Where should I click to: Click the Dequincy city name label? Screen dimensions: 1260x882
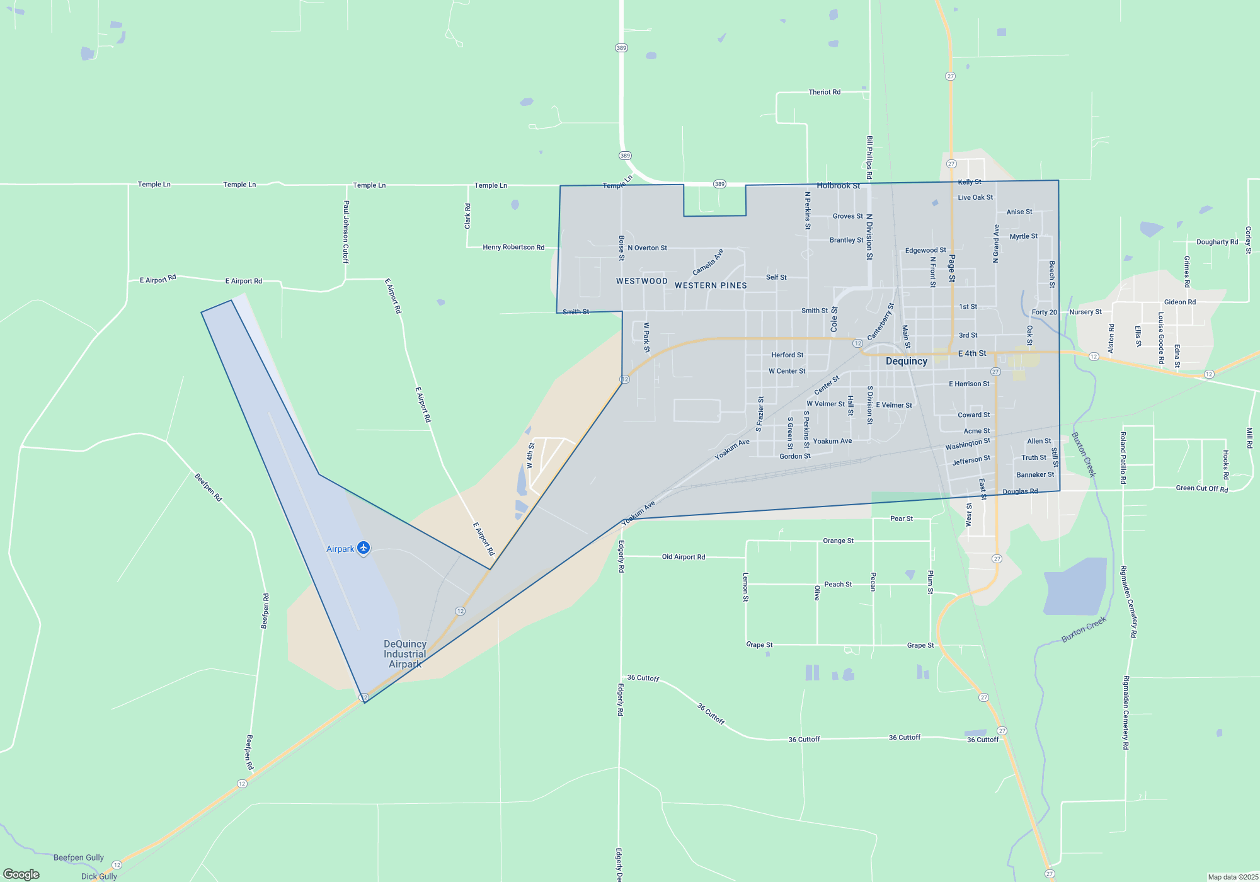point(907,361)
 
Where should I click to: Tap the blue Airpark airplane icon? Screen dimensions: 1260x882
point(364,547)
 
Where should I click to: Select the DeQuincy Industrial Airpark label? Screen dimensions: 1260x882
point(405,654)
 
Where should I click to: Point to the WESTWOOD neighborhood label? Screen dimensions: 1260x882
point(642,281)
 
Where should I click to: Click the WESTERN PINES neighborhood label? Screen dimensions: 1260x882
point(711,285)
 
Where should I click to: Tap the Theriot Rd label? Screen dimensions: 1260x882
point(824,92)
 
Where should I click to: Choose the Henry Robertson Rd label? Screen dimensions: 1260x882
point(513,247)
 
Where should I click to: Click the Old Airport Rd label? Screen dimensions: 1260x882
point(684,557)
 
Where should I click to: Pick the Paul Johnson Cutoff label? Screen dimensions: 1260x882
point(346,231)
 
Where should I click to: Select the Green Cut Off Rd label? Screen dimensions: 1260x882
point(1202,488)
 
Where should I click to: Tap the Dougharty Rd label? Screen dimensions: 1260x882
point(1217,242)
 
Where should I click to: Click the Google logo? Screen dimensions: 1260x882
point(21,874)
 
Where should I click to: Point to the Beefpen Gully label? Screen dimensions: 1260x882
point(79,857)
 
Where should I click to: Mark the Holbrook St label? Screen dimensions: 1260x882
point(838,185)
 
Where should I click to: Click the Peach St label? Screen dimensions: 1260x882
point(838,585)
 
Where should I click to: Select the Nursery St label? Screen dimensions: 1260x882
point(1085,312)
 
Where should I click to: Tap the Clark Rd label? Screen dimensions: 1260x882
point(467,216)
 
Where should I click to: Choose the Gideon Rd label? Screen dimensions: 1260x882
point(1180,302)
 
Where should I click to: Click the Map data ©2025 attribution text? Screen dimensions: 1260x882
point(1233,877)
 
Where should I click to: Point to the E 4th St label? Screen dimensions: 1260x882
point(972,353)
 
